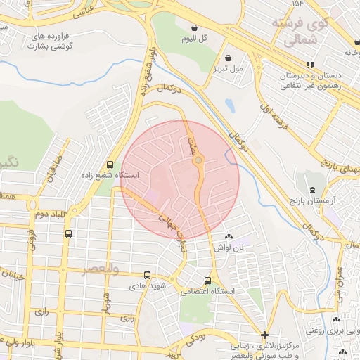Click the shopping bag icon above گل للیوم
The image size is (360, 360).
coord(194,28)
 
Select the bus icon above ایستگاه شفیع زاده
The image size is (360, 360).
coord(110,164)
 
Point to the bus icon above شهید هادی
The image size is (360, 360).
coord(147,276)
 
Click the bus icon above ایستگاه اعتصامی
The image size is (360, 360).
coord(207,280)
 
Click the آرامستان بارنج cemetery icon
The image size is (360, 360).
coord(311,190)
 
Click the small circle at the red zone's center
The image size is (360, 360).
coord(198,160)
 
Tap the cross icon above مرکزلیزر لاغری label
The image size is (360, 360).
coord(264,335)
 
